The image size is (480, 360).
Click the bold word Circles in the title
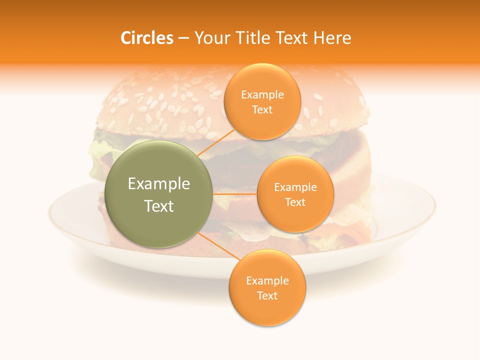pos(147,38)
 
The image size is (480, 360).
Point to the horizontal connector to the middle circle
pos(234,194)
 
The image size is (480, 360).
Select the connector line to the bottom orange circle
pos(217,247)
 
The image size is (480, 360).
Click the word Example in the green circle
pos(159,184)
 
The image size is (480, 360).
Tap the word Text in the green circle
pos(159,206)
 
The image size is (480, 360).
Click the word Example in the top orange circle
pos(262,95)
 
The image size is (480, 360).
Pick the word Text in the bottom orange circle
pos(267,295)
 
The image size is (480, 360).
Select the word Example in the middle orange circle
pos(295,187)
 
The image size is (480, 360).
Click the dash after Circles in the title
pos(183,38)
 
